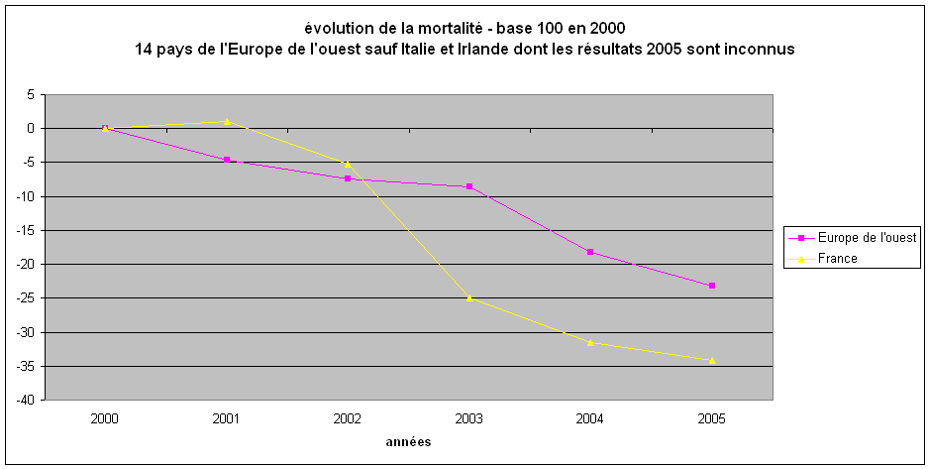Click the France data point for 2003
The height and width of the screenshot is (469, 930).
click(469, 297)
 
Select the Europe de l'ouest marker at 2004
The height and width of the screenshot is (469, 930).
click(590, 252)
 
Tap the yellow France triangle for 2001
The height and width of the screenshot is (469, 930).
click(227, 121)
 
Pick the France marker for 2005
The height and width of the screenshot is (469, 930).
click(712, 360)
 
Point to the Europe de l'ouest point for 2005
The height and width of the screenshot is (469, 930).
click(712, 286)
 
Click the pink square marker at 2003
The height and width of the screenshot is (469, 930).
click(469, 186)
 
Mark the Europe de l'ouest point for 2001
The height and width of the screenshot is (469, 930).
click(227, 160)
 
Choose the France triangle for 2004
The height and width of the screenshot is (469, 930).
click(590, 342)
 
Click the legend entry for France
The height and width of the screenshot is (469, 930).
click(838, 258)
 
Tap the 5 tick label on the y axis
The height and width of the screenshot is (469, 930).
click(31, 94)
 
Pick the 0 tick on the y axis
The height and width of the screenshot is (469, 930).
click(31, 128)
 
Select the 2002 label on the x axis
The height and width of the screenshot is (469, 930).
click(348, 418)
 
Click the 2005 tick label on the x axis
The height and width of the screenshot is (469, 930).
click(712, 418)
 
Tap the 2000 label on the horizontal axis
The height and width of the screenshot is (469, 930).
click(105, 418)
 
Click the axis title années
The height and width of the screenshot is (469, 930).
click(408, 442)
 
